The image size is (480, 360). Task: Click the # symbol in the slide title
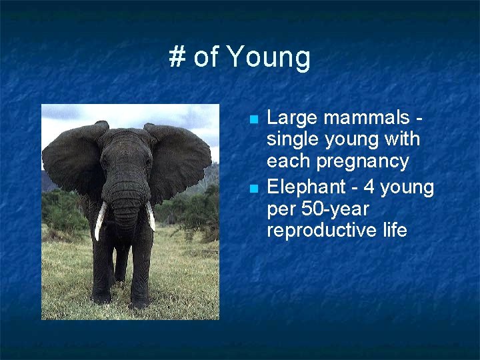tap(177, 57)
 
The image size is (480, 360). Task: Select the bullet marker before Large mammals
tap(253, 120)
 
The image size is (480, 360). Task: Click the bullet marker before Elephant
tap(253, 189)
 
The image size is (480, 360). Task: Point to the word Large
tap(290, 118)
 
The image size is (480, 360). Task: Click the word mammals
tap(364, 118)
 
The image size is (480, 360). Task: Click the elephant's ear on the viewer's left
tap(70, 160)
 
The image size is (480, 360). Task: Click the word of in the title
tap(207, 57)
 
